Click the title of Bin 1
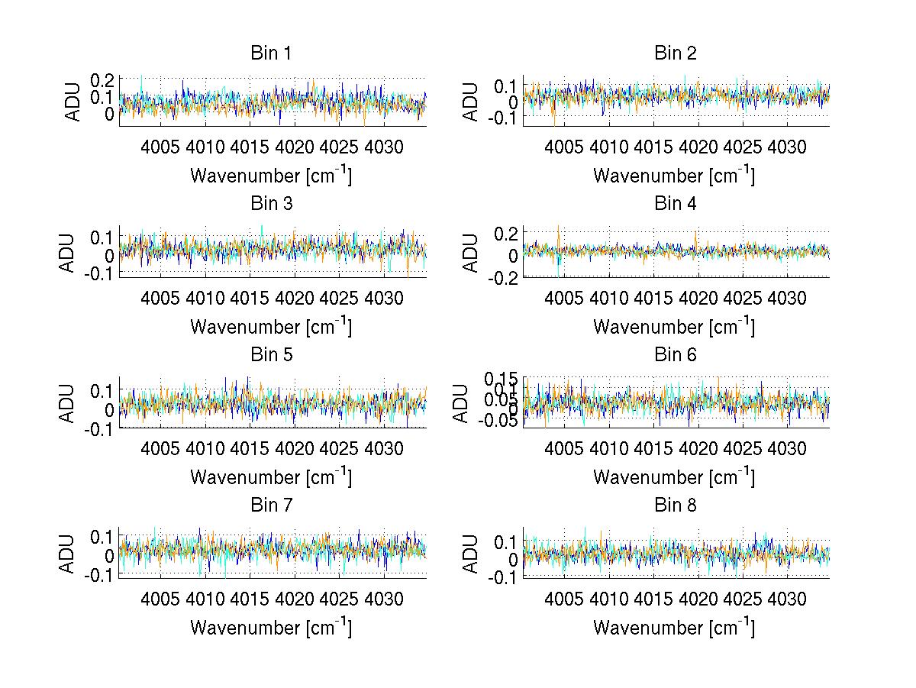(x=271, y=53)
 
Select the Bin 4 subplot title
(x=676, y=204)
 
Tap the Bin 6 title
(x=676, y=354)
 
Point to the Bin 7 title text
(x=271, y=505)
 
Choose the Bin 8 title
(x=676, y=505)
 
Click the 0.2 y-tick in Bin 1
(x=102, y=80)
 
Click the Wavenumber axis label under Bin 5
(x=271, y=477)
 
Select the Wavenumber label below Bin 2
(x=674, y=176)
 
